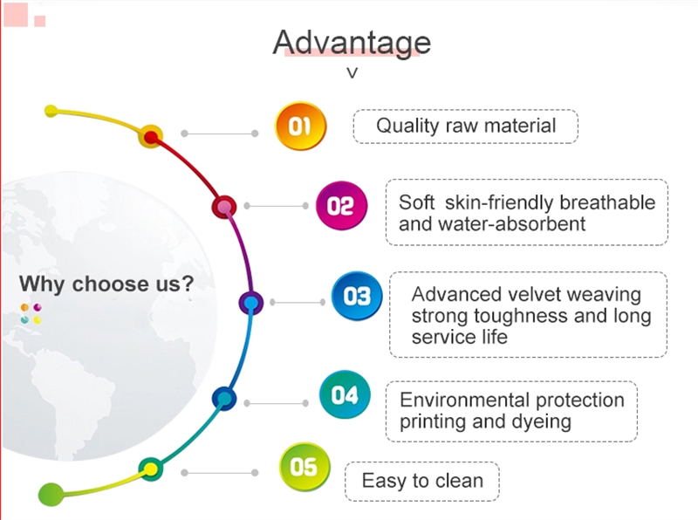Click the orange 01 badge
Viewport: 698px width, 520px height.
300,126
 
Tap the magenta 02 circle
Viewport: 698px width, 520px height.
341,206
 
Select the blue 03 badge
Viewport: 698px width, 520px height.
357,296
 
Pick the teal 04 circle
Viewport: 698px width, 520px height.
345,394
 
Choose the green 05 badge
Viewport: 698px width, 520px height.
304,467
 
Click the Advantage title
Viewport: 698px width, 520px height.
352,43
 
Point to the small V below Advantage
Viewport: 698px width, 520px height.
352,73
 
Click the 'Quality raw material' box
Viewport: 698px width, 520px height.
466,127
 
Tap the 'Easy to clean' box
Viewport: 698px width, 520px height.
422,482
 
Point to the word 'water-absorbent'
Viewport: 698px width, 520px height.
511,223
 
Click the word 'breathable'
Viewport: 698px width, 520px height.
607,202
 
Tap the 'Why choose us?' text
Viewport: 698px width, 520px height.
106,284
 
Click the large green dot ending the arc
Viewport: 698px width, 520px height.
51,494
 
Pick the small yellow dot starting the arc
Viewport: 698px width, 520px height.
51,111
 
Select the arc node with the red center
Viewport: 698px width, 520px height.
151,137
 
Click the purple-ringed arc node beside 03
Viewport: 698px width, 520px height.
251,303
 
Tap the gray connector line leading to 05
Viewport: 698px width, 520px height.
220,473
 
